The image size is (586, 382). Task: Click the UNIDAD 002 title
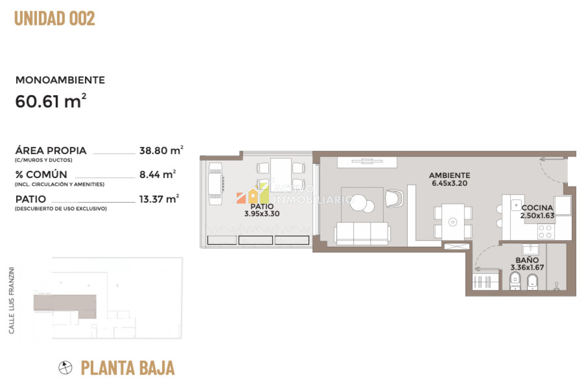click(x=55, y=18)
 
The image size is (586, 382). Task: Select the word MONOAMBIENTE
click(x=60, y=80)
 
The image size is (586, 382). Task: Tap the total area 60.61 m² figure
click(x=51, y=101)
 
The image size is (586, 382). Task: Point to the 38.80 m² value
click(x=161, y=150)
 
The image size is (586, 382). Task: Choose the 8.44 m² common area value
click(x=157, y=174)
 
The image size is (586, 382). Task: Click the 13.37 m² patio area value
click(x=159, y=199)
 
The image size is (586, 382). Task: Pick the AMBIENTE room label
click(x=449, y=175)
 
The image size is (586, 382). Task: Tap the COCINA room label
click(x=537, y=208)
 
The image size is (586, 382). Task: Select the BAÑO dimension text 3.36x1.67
click(x=527, y=267)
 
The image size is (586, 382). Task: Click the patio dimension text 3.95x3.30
click(x=262, y=214)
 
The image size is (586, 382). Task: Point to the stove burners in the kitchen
click(x=545, y=232)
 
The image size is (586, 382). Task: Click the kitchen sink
click(x=517, y=205)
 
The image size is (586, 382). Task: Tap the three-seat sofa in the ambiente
click(x=362, y=233)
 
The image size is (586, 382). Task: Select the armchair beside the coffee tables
click(x=394, y=199)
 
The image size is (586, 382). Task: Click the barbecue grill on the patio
click(x=215, y=184)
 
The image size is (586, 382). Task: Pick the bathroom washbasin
click(x=530, y=249)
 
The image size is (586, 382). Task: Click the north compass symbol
click(x=65, y=367)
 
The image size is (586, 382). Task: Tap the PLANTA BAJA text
click(x=127, y=368)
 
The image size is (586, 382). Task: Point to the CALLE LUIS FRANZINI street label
click(x=11, y=300)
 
